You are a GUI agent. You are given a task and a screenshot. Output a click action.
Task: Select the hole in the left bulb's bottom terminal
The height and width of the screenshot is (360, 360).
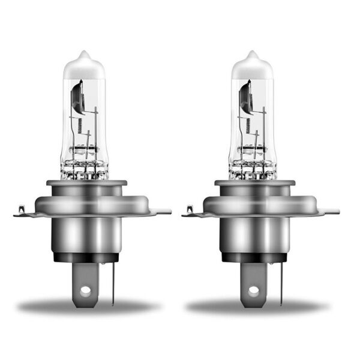pos(85,290)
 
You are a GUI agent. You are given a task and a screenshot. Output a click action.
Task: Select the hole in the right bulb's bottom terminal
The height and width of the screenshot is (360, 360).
pos(254,290)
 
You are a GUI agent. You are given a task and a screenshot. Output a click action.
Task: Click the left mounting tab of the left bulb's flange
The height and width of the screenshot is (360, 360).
pos(22,211)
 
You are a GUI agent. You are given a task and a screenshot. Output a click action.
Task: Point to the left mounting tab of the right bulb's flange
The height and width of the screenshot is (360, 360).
pos(190,211)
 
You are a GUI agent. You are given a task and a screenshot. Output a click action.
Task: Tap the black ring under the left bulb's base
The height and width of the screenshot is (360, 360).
pos(88,257)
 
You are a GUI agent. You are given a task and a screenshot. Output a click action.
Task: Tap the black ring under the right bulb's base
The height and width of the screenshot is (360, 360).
pos(256,257)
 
